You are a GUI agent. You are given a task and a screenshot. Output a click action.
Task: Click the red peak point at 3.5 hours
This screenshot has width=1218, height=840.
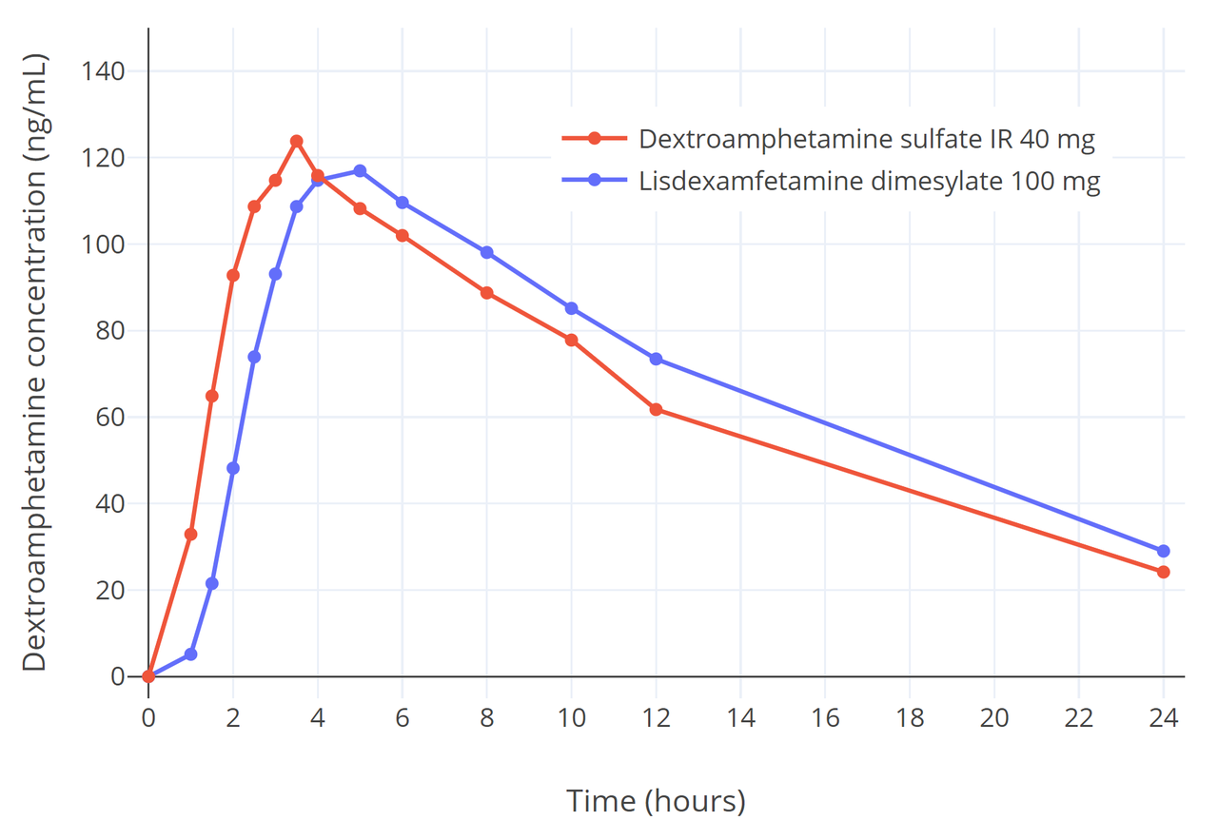coord(296,141)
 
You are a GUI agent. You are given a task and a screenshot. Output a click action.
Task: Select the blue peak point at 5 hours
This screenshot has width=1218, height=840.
coord(360,171)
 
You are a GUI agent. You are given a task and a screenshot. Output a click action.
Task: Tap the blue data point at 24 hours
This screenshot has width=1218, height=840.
coord(1163,551)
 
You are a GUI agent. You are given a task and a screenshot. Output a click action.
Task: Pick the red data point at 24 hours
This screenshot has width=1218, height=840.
coord(1163,572)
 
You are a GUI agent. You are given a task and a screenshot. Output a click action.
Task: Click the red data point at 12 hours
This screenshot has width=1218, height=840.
coord(656,409)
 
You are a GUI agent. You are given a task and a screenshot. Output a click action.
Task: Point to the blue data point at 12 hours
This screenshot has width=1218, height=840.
coord(656,359)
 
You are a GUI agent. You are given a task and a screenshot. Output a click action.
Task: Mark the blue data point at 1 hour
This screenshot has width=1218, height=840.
coord(190,654)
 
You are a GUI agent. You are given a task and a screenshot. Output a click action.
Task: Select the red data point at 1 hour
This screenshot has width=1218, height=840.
coord(190,535)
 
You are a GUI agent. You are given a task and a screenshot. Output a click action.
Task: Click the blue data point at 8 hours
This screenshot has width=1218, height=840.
coord(486,252)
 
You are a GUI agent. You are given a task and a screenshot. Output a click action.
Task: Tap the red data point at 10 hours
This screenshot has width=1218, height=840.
coord(571,340)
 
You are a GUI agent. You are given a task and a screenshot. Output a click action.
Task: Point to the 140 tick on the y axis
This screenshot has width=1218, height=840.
coord(107,71)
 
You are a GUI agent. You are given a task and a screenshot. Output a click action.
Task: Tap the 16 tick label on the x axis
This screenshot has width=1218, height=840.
coord(825,717)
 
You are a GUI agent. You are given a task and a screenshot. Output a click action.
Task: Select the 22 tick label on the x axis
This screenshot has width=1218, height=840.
coord(1078,717)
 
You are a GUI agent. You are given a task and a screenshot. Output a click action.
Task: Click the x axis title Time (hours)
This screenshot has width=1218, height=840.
coord(656,801)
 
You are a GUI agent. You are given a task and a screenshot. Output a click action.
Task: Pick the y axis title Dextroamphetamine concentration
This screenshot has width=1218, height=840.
coord(34,361)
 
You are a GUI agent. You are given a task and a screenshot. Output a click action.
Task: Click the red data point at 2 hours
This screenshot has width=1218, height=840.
coord(232,275)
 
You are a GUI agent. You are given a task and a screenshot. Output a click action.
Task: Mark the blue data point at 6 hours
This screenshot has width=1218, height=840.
coord(402,203)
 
